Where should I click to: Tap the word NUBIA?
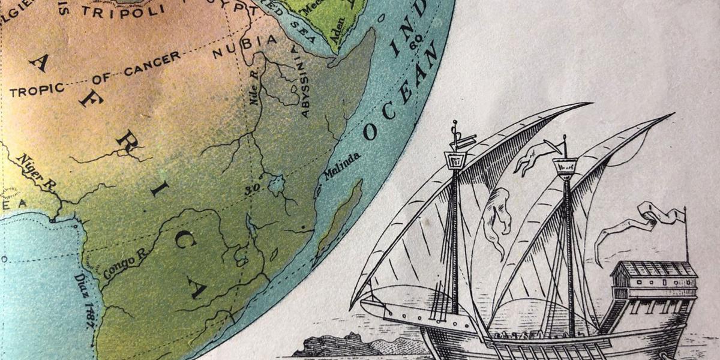click(245, 46)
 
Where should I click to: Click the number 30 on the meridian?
click(250, 191)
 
